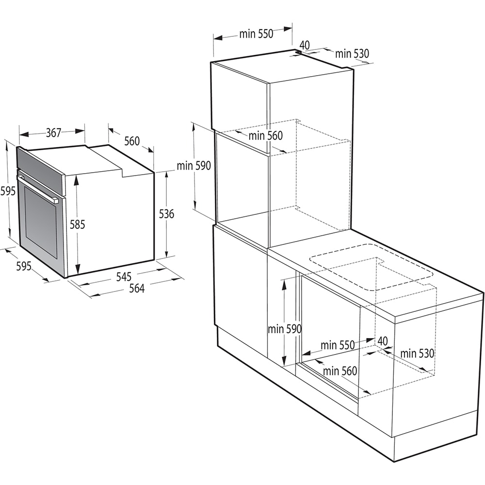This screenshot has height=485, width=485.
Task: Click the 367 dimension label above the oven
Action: [x=53, y=132]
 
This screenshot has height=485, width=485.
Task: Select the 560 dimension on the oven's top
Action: [x=132, y=141]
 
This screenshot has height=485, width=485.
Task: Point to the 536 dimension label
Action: [x=166, y=213]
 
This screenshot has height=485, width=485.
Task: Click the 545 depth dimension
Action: [x=124, y=277]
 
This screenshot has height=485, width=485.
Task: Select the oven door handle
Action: [x=38, y=190]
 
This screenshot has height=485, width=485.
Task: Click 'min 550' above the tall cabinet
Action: [x=256, y=34]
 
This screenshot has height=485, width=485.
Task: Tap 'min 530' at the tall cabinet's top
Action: [x=352, y=54]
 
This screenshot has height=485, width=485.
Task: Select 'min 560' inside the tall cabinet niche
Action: [x=265, y=136]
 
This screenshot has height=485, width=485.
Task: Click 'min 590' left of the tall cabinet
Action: [x=194, y=166]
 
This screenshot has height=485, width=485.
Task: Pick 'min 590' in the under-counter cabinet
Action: [x=285, y=329]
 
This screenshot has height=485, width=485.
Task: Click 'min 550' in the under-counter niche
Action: [x=338, y=345]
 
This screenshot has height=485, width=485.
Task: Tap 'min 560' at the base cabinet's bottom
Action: [x=340, y=372]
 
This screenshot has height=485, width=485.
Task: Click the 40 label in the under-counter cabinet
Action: [x=383, y=341]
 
